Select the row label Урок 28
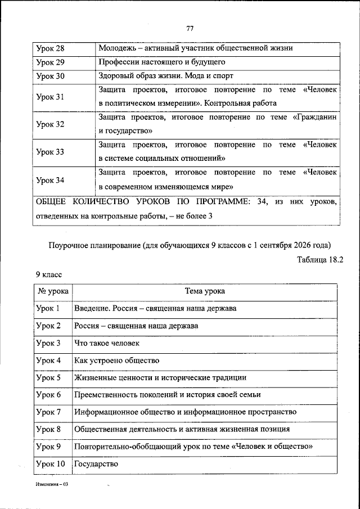tap(50, 48)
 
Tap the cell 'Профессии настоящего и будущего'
tap(162, 62)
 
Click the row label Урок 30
tap(50, 76)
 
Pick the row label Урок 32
tap(50, 124)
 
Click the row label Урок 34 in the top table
tap(50, 181)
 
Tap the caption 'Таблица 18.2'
tap(317, 259)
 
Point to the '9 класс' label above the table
tap(48, 274)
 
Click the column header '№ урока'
tap(53, 291)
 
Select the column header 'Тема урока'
tap(205, 291)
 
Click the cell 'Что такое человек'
tap(106, 343)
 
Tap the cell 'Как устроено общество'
tap(116, 360)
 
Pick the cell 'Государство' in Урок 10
tap(96, 464)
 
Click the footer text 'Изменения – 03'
tap(51, 484)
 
